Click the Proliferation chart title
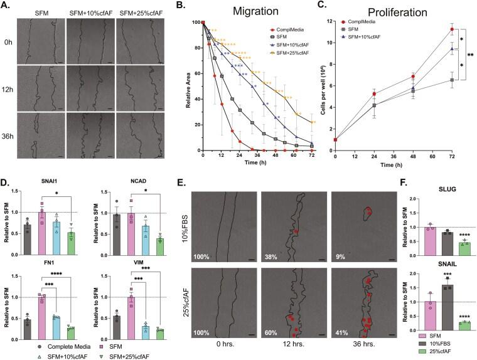click(x=395, y=13)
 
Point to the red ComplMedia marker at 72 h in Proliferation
click(x=452, y=29)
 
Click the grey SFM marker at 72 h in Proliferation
click(x=452, y=80)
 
